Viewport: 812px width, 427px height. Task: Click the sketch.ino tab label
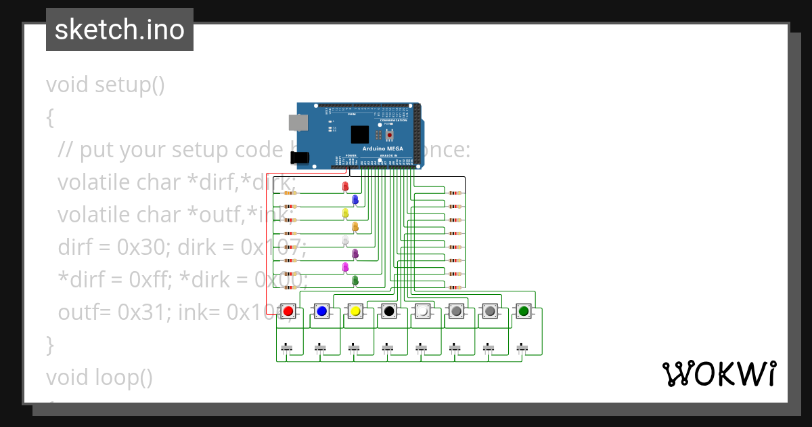120,30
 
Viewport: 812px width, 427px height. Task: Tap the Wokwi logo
719,373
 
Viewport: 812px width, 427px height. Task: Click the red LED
345,186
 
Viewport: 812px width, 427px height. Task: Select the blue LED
355,200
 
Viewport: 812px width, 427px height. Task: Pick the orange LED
355,227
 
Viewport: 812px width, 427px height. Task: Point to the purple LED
355,254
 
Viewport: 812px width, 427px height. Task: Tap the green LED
355,281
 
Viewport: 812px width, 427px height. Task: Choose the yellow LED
345,213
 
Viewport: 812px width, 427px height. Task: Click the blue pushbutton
321,311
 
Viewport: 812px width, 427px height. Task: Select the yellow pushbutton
355,311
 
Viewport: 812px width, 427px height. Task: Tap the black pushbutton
388,311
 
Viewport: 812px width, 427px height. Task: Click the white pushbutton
422,311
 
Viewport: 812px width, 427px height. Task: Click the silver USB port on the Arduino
297,122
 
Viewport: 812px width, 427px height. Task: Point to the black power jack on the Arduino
300,158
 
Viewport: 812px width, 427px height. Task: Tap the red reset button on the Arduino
389,135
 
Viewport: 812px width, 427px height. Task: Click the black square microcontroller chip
360,134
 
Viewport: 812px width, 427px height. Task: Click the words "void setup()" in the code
105,85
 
